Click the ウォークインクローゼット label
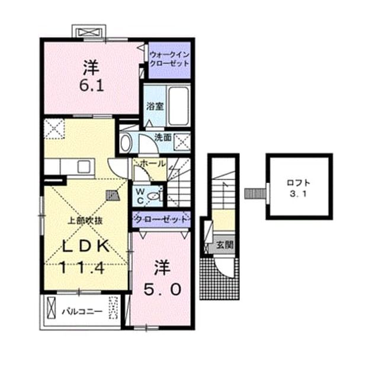(x=169, y=59)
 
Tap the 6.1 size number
(x=92, y=86)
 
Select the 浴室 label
(x=155, y=107)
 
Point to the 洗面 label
(x=163, y=137)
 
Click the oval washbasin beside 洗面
(x=126, y=143)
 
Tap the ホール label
(x=152, y=163)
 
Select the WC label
(x=140, y=196)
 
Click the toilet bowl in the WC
(x=153, y=196)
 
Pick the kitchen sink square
(x=84, y=166)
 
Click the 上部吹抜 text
(x=85, y=221)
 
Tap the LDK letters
(x=86, y=246)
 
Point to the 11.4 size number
(x=82, y=268)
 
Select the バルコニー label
(x=82, y=311)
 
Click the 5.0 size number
(x=162, y=290)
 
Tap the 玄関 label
(x=224, y=245)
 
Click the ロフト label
(x=299, y=183)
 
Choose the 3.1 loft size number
(x=298, y=194)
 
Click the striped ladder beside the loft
(x=255, y=193)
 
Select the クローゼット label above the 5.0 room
(x=162, y=219)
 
